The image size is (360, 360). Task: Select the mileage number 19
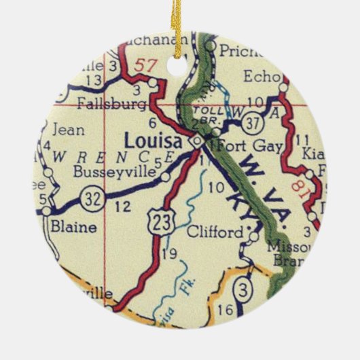(x=170, y=254)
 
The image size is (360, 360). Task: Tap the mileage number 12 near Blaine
(x=123, y=207)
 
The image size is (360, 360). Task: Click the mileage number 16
(x=227, y=310)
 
